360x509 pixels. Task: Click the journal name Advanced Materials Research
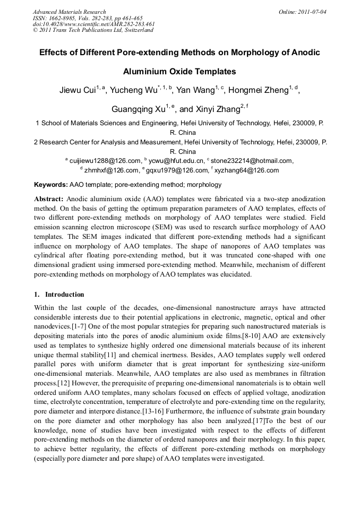click(x=69, y=12)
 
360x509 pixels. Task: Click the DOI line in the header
click(x=93, y=24)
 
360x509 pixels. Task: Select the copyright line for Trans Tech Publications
click(x=93, y=30)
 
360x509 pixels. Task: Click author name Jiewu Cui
click(x=76, y=90)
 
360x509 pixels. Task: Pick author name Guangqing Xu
click(x=137, y=110)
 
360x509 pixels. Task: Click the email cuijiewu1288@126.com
click(x=105, y=161)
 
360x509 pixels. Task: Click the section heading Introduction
click(x=64, y=295)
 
